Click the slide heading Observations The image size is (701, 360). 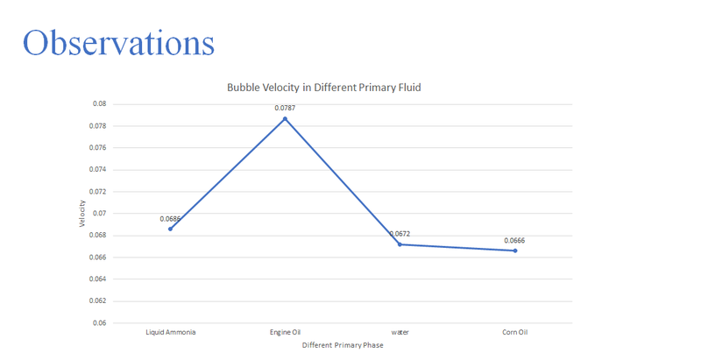118,43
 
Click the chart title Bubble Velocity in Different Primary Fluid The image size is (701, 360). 325,88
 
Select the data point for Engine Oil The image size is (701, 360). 285,118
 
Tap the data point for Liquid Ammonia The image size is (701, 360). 170,229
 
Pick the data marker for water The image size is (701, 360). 400,244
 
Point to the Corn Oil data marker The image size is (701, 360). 515,251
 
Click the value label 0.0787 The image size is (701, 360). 285,108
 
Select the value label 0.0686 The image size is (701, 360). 170,218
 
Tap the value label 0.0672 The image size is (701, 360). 400,234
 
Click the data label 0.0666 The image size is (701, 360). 514,240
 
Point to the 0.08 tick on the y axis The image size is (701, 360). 99,103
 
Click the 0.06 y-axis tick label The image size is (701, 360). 99,322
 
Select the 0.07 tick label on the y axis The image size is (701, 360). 99,213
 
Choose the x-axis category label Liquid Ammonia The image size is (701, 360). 170,333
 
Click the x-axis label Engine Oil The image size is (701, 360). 285,333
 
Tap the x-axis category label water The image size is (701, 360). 400,333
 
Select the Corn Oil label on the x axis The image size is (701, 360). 515,333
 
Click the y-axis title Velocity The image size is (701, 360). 82,213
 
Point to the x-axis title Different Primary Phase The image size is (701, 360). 343,345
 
